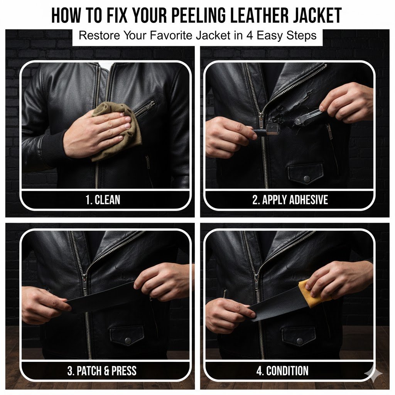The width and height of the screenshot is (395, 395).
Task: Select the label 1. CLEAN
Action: tap(103, 200)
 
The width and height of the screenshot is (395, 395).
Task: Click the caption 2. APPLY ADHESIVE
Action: tap(290, 200)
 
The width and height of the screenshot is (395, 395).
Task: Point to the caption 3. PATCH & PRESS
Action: tap(102, 371)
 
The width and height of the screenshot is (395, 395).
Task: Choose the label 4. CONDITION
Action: tap(282, 371)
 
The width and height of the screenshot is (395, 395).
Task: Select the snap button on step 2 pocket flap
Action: tap(307, 178)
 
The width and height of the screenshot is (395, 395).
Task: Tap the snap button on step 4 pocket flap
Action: tap(300, 341)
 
